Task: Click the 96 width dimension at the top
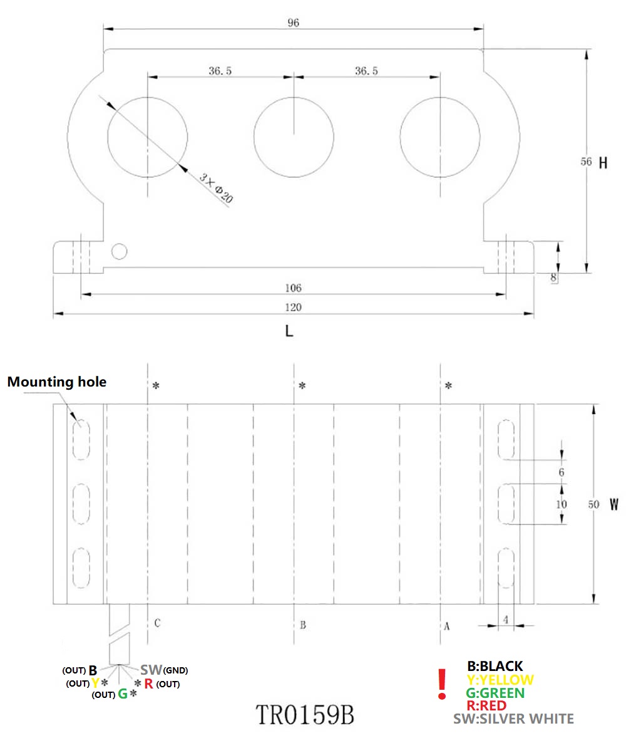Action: [294, 23]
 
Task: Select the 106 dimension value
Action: [293, 288]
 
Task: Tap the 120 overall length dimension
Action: [293, 308]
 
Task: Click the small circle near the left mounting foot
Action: [119, 251]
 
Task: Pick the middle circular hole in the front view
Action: [294, 135]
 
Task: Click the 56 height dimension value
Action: [586, 162]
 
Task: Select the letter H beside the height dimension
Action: [603, 163]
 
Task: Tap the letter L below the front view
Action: [289, 331]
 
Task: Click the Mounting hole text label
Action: [57, 382]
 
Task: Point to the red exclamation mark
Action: [442, 683]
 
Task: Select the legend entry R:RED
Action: [486, 705]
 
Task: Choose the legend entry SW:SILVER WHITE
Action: [513, 719]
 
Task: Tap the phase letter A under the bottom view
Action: [447, 625]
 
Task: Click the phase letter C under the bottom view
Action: [158, 623]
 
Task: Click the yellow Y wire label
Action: [95, 683]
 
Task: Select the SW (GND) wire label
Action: [163, 670]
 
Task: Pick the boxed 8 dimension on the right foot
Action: [554, 276]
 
